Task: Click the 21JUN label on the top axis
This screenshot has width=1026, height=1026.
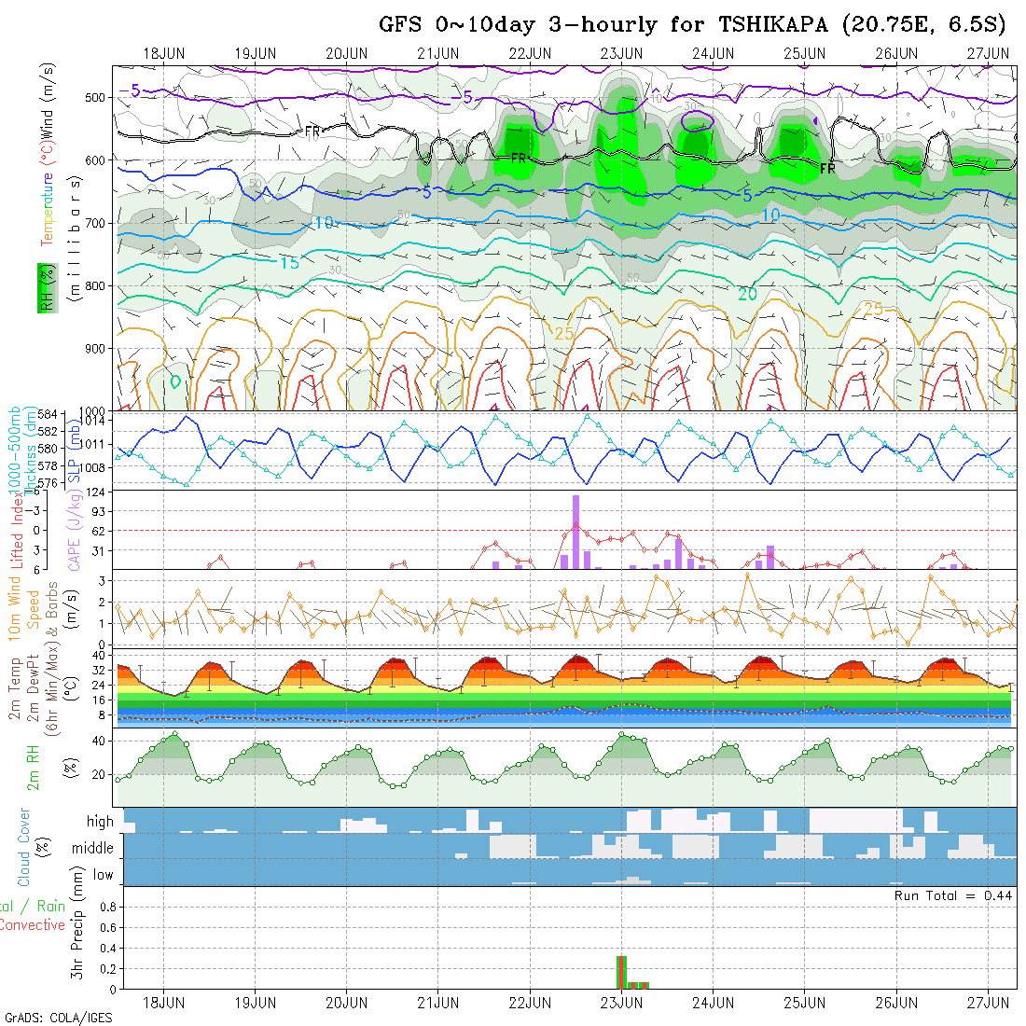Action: [437, 53]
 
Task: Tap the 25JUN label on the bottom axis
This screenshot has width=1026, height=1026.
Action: [805, 1003]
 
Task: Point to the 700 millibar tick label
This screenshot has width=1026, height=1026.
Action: [95, 223]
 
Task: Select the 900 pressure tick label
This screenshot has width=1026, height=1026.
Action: [95, 348]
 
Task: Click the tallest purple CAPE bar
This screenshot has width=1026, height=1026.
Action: [576, 532]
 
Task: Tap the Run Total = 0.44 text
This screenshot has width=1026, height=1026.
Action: [953, 895]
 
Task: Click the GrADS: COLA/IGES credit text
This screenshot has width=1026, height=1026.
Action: [59, 1018]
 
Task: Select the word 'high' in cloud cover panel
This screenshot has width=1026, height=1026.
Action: [100, 822]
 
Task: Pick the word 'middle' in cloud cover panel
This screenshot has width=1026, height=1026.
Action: [92, 849]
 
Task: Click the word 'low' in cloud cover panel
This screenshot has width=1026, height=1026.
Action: [103, 875]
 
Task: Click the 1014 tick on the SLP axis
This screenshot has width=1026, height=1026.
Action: [97, 422]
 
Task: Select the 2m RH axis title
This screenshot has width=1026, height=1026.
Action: [34, 767]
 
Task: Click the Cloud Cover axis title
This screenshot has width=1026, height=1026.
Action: [24, 847]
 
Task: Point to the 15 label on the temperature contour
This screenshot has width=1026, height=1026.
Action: [289, 263]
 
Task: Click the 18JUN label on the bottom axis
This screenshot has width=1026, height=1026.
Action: [164, 1003]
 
